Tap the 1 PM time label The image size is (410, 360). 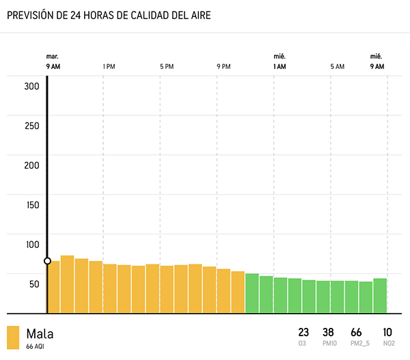[108, 66]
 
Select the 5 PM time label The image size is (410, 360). [167, 66]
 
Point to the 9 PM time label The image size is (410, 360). [223, 66]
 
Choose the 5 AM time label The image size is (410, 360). [337, 66]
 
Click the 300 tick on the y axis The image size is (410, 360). [31, 86]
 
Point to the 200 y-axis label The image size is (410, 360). [31, 165]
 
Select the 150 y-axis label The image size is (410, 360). [31, 205]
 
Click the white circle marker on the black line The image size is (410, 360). [47, 261]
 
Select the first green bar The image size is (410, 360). [252, 293]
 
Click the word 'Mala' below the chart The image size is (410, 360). [40, 334]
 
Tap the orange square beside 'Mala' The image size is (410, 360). [13, 337]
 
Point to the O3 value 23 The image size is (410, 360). [303, 332]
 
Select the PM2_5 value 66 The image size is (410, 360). [356, 332]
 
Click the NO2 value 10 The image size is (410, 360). [388, 332]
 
